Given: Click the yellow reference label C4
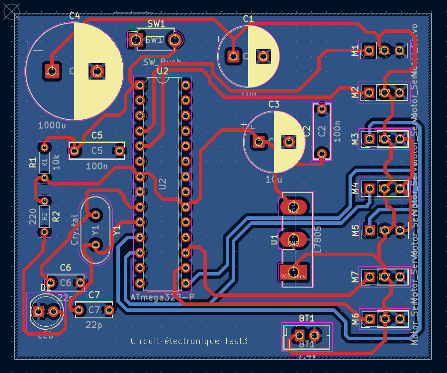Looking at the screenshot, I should click(74, 16).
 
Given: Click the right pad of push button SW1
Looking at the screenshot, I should click(174, 39).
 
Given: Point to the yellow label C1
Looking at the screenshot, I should click(248, 19).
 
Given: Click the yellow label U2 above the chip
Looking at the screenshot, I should click(163, 72).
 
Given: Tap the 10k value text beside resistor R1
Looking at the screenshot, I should click(56, 162).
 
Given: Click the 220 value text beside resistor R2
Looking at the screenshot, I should click(33, 216).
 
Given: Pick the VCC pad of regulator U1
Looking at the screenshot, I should click(293, 206).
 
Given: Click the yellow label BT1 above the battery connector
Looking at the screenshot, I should click(307, 318).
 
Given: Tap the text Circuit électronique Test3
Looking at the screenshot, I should click(189, 341).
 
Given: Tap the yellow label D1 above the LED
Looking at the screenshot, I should click(46, 288).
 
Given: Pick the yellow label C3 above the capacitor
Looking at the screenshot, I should click(274, 104).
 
